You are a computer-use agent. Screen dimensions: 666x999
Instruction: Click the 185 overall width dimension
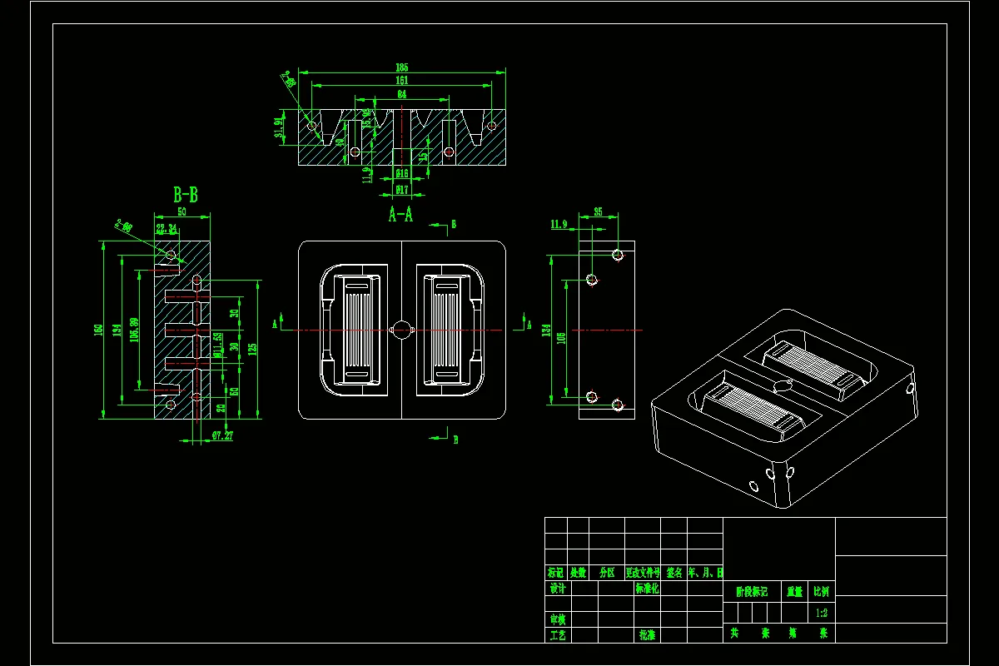(x=402, y=67)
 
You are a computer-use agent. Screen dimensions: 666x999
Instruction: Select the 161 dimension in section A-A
(x=402, y=81)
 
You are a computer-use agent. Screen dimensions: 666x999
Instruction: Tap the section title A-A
(x=400, y=215)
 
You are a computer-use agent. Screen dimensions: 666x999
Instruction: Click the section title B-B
(x=185, y=196)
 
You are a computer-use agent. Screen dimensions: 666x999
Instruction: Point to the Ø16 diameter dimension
(x=401, y=174)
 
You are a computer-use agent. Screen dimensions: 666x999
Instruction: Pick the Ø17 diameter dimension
(x=401, y=191)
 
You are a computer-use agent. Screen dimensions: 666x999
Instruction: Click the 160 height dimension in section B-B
(x=98, y=331)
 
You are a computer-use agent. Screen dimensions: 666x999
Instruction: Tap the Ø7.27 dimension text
(x=222, y=435)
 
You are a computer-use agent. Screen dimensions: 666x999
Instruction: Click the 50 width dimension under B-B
(x=182, y=214)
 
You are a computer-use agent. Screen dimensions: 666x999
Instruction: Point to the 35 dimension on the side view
(x=598, y=212)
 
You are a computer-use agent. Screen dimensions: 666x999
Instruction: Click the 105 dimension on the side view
(x=561, y=337)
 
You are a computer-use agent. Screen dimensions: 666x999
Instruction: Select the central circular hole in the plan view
(x=401, y=330)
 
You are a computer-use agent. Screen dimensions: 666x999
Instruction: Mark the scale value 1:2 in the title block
(x=821, y=613)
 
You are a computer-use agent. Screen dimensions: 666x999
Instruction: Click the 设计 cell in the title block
(x=558, y=588)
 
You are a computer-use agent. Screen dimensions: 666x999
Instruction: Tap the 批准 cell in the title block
(x=647, y=634)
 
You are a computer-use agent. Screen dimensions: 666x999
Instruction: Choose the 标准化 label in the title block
(x=647, y=588)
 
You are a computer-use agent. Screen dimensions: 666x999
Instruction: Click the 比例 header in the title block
(x=821, y=592)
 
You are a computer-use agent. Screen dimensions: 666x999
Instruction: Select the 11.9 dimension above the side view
(x=559, y=225)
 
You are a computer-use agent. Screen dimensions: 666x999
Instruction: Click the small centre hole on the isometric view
(x=783, y=385)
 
